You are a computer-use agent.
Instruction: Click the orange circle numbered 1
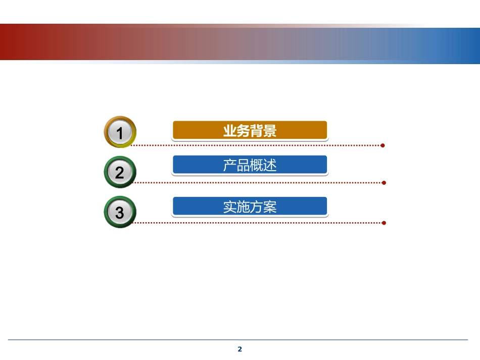coord(120,132)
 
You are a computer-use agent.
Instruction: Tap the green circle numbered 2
coord(120,172)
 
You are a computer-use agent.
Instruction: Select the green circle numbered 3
coord(120,212)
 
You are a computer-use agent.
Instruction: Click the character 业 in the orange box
coord(230,131)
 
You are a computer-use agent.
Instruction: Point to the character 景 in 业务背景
coord(270,131)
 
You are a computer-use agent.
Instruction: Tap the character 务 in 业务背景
coord(244,131)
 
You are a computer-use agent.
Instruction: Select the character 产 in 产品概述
coord(230,165)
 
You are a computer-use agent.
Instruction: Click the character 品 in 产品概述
coord(244,165)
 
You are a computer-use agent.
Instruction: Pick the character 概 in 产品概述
coord(257,165)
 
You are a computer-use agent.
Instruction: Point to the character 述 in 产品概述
coord(270,165)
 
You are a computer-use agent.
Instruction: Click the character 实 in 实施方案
coord(230,207)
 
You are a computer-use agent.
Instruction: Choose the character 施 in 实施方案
coord(244,207)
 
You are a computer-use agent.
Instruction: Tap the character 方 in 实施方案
coord(257,207)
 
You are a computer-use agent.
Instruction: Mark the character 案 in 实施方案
coord(270,207)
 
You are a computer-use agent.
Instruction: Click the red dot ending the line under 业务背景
coord(383,145)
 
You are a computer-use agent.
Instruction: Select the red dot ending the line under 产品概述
coord(384,183)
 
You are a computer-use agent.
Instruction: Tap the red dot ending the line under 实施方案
coord(384,223)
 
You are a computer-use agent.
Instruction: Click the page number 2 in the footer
coord(240,349)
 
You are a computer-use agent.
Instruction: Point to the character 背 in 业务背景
coord(257,131)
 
